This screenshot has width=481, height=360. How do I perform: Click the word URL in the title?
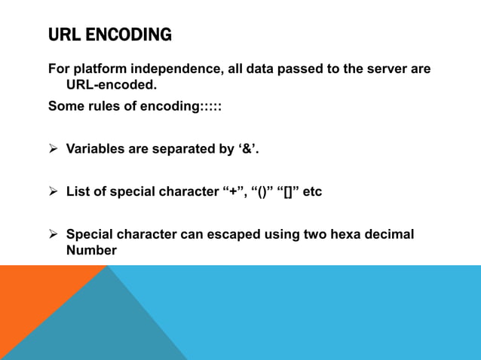[65, 35]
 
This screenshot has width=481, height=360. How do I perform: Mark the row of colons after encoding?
[211, 106]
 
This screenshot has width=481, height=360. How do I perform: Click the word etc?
[311, 192]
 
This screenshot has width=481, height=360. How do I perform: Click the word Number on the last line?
[91, 250]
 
